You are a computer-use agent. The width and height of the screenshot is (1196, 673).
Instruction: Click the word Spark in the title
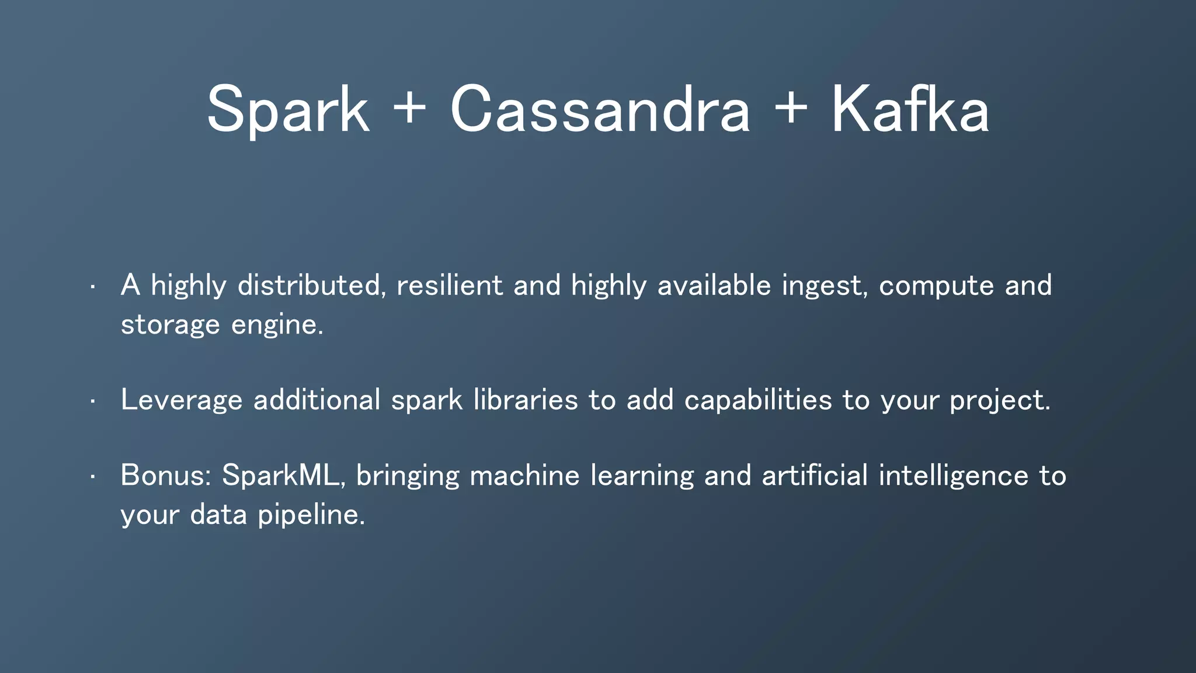coord(288,110)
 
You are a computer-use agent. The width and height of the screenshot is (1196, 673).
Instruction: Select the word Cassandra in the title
coord(600,110)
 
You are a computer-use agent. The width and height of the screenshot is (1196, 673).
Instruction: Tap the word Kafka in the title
coord(910,110)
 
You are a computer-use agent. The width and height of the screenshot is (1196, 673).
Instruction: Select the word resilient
coord(449,285)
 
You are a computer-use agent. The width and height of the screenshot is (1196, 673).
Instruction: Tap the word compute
coord(936,286)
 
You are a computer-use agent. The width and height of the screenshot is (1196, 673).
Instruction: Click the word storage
coord(170,325)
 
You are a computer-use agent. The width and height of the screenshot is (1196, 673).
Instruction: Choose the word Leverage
coord(181,401)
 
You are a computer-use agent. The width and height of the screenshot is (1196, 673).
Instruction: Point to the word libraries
coord(525,400)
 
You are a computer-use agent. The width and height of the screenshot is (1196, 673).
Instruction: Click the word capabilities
coord(757,401)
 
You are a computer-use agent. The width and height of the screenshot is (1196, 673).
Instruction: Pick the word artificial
coord(815,475)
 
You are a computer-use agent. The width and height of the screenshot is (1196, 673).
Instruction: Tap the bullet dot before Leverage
coord(92,401)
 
